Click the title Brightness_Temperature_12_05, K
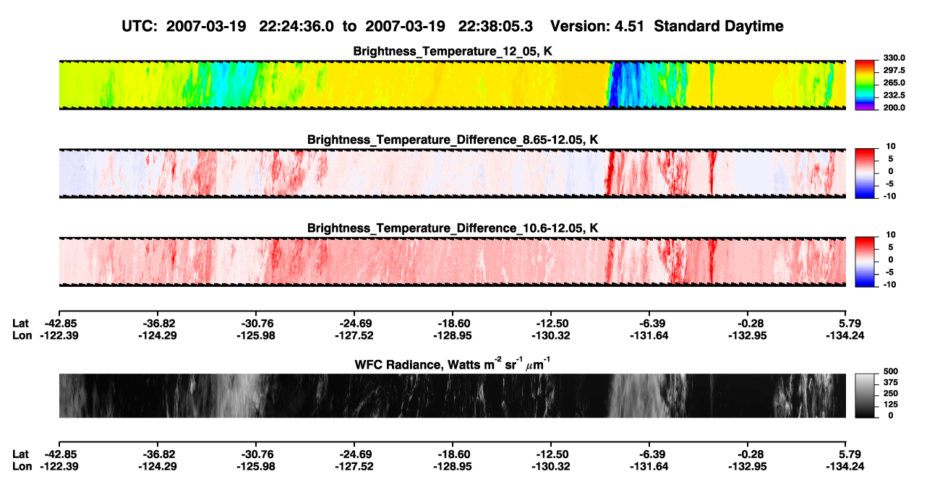[x=453, y=51]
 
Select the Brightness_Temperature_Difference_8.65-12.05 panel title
[x=453, y=139]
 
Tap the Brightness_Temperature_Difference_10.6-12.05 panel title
[x=453, y=228]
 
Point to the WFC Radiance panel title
[x=453, y=364]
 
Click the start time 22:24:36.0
[x=296, y=26]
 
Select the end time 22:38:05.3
[x=495, y=26]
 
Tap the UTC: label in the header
[x=140, y=26]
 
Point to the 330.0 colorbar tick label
[x=894, y=58]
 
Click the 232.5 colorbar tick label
[x=894, y=95]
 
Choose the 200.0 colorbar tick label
[x=894, y=108]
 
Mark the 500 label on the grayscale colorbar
[x=891, y=371]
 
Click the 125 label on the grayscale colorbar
[x=891, y=405]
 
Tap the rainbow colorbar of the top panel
[x=865, y=85]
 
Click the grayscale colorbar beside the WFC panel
[x=865, y=395]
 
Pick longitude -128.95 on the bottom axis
[x=453, y=467]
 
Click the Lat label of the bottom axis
[x=20, y=455]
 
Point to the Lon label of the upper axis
[x=22, y=335]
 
